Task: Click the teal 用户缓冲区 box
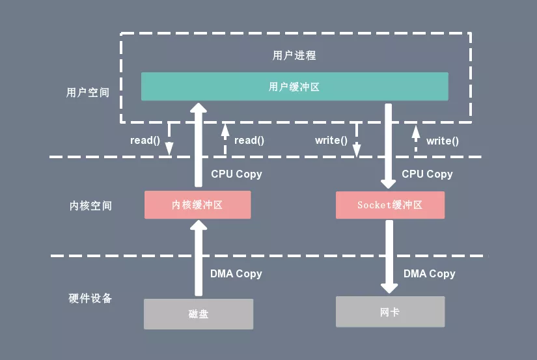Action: pyautogui.click(x=294, y=87)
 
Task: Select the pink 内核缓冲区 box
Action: pyautogui.click(x=197, y=204)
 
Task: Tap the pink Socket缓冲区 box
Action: pyautogui.click(x=390, y=204)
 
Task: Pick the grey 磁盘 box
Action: pyautogui.click(x=197, y=314)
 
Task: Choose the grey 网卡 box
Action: pyautogui.click(x=390, y=312)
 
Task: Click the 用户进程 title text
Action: pyautogui.click(x=294, y=55)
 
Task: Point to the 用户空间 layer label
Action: pyautogui.click(x=88, y=92)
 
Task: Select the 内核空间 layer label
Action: pyautogui.click(x=90, y=206)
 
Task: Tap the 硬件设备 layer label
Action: pyautogui.click(x=90, y=298)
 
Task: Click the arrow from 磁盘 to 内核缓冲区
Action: pyautogui.click(x=199, y=260)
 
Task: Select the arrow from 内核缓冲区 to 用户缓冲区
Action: pyautogui.click(x=199, y=146)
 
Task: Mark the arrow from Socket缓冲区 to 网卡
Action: pyautogui.click(x=389, y=257)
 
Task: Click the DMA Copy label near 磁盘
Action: pyautogui.click(x=236, y=273)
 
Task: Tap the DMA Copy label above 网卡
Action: pyautogui.click(x=429, y=273)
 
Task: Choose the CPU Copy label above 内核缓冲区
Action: pyautogui.click(x=236, y=174)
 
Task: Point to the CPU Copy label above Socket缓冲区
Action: pyautogui.click(x=427, y=174)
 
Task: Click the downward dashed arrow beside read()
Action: pyautogui.click(x=169, y=139)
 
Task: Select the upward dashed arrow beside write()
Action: pyautogui.click(x=415, y=139)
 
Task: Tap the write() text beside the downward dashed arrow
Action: pyautogui.click(x=331, y=140)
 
